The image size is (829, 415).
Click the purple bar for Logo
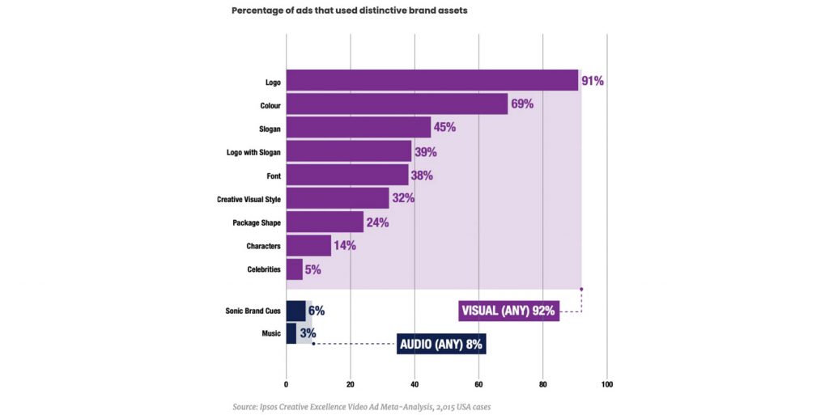pyautogui.click(x=432, y=81)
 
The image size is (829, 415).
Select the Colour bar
pyautogui.click(x=397, y=104)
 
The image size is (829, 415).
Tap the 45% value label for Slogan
pyautogui.click(x=444, y=128)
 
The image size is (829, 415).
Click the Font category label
pyautogui.click(x=272, y=175)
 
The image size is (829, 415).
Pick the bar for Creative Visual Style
pyautogui.click(x=337, y=198)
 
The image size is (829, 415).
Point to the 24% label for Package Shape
pyautogui.click(x=376, y=222)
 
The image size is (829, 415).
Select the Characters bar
pyautogui.click(x=308, y=245)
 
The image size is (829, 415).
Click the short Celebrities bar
pyautogui.click(x=294, y=269)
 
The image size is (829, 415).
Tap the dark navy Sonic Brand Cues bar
pyautogui.click(x=295, y=311)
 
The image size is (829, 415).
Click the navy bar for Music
pyautogui.click(x=291, y=333)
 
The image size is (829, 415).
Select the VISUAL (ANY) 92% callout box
pyautogui.click(x=508, y=311)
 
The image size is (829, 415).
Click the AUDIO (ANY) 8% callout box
pyautogui.click(x=441, y=345)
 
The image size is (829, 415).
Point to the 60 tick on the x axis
pyautogui.click(x=478, y=384)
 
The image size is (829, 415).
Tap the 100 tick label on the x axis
pyautogui.click(x=607, y=384)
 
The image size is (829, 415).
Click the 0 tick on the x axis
pyautogui.click(x=286, y=384)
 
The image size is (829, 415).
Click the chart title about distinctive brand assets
pyautogui.click(x=350, y=11)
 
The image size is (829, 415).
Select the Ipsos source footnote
pyautogui.click(x=361, y=406)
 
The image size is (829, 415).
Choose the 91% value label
pyautogui.click(x=593, y=81)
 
